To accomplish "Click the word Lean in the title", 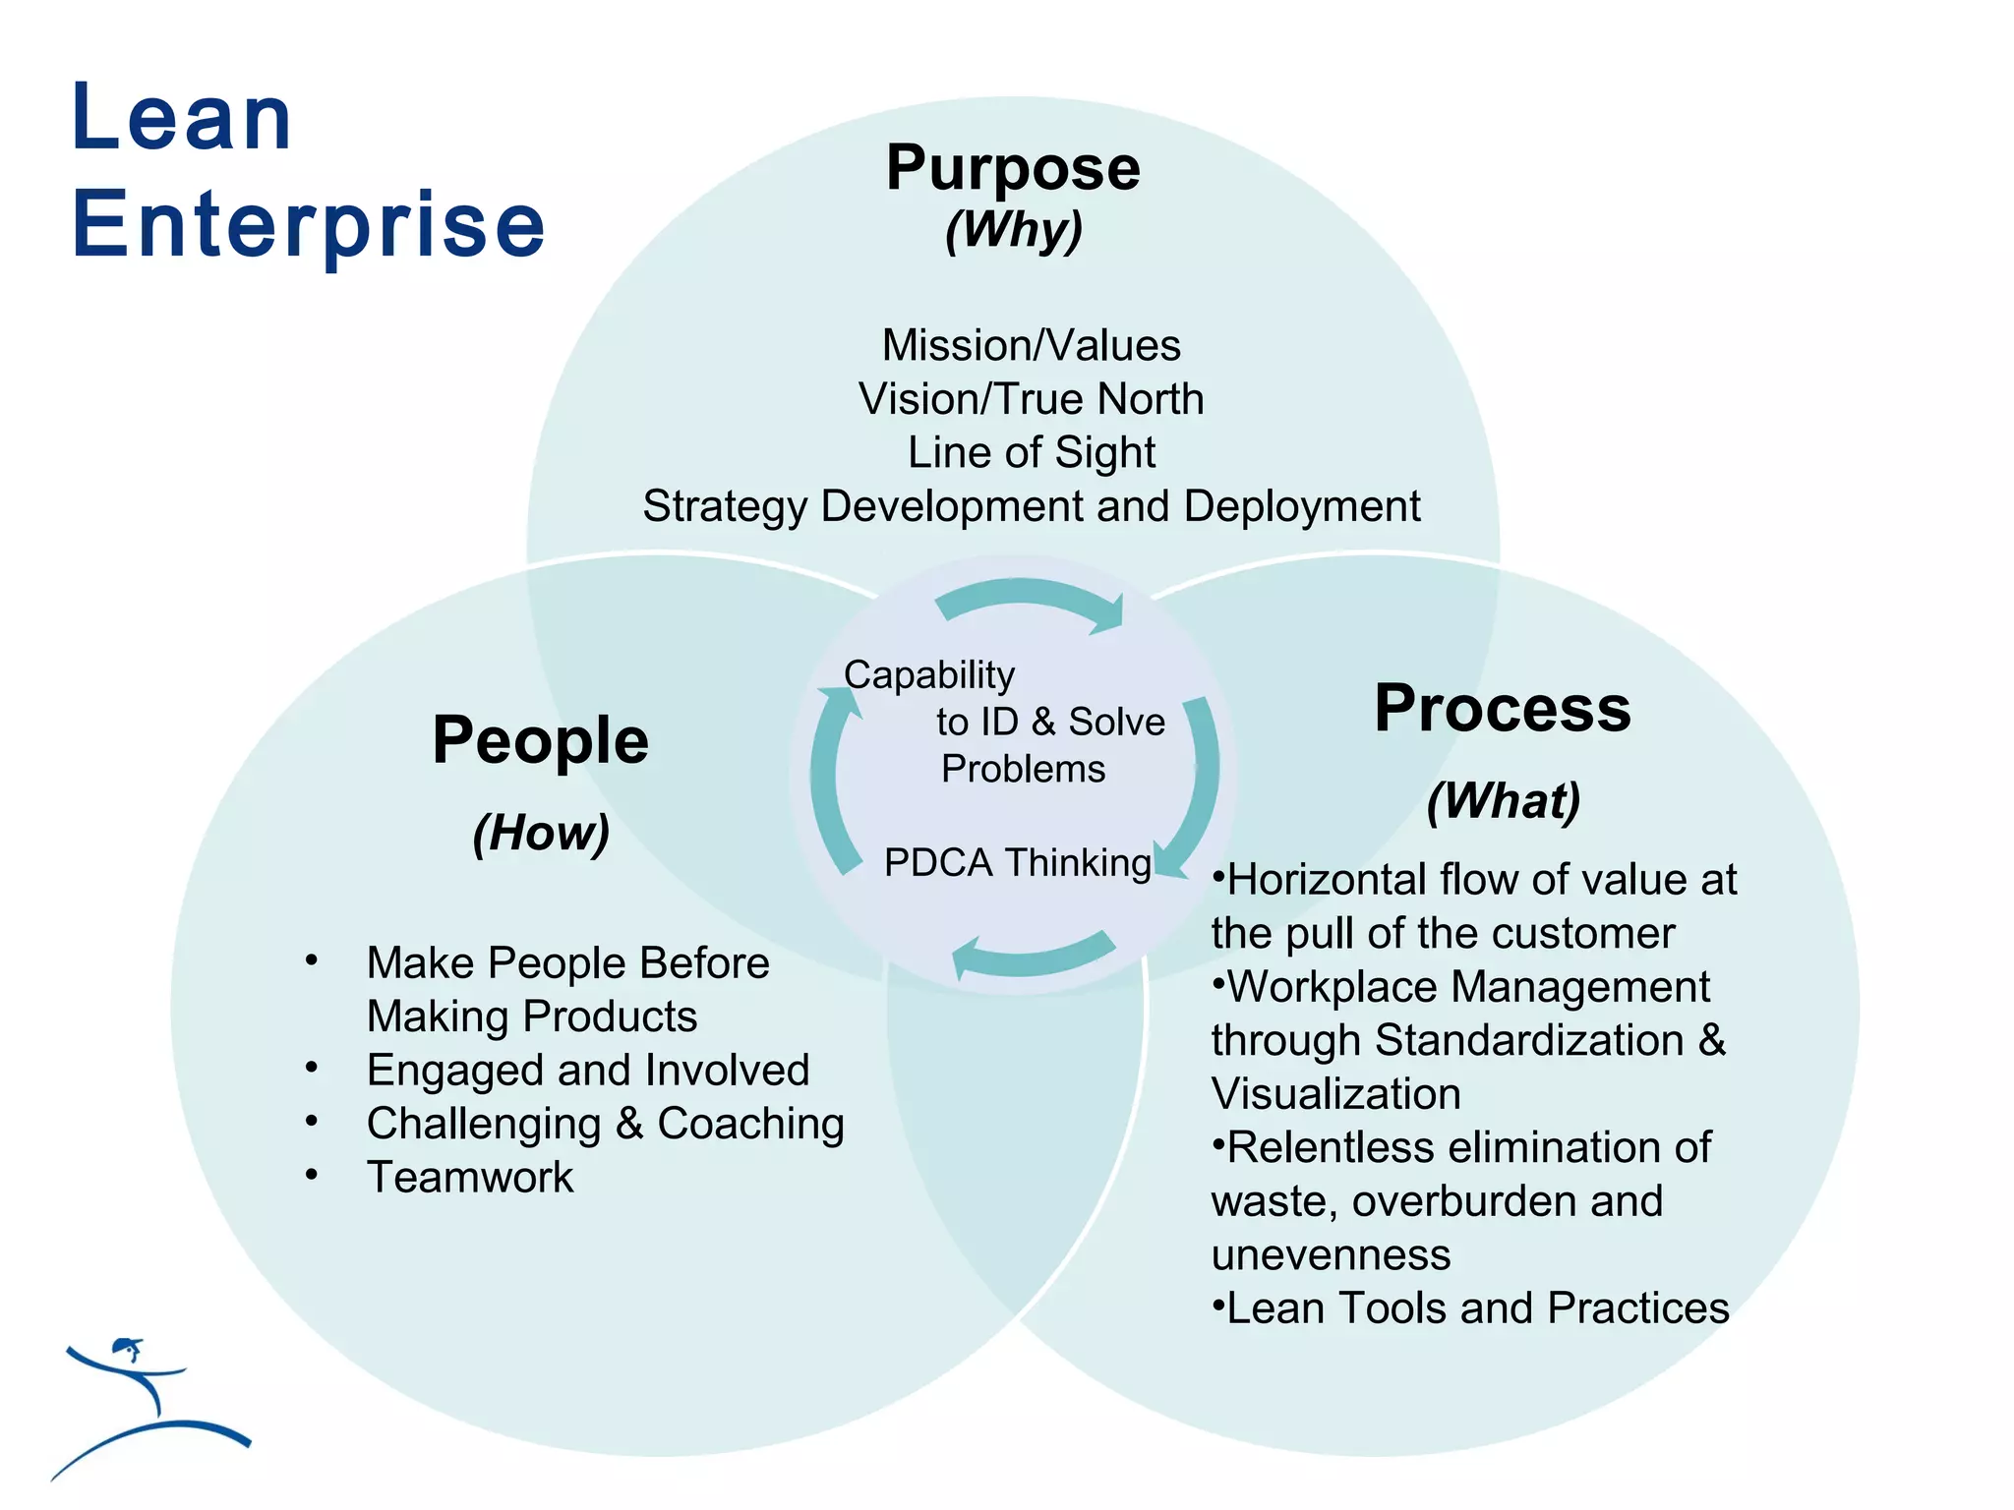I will tap(182, 118).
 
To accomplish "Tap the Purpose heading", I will tap(1013, 168).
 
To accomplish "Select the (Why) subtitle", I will tap(1014, 230).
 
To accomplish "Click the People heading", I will tap(540, 740).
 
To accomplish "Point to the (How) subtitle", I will tap(541, 834).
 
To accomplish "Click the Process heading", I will tap(1503, 708).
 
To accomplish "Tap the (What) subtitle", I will tap(1504, 801).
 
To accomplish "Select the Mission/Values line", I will tap(1031, 346).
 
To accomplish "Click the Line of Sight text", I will tap(1031, 453).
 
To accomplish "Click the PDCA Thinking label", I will tap(1017, 863).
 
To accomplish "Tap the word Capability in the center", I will tap(928, 675).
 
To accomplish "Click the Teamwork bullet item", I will tap(469, 1178).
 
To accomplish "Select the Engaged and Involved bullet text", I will tap(587, 1071).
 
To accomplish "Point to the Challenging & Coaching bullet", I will tap(605, 1124).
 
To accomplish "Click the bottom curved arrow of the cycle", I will tap(1033, 956).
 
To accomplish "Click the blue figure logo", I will tap(148, 1406).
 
